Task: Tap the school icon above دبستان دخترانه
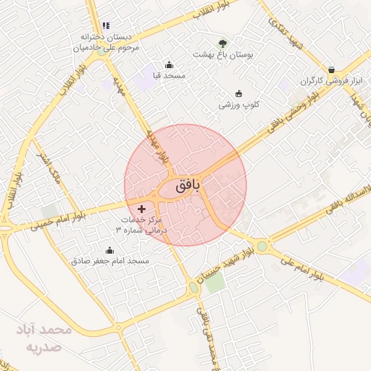107,25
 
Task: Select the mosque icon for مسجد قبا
170,64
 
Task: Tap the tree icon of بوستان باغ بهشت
222,43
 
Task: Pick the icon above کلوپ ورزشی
239,93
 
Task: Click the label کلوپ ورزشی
239,105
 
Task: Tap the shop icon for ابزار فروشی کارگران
331,70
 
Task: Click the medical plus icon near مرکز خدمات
141,209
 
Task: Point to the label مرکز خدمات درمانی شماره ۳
141,224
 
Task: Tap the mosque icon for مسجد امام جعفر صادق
109,250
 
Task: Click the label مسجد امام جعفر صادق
109,261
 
